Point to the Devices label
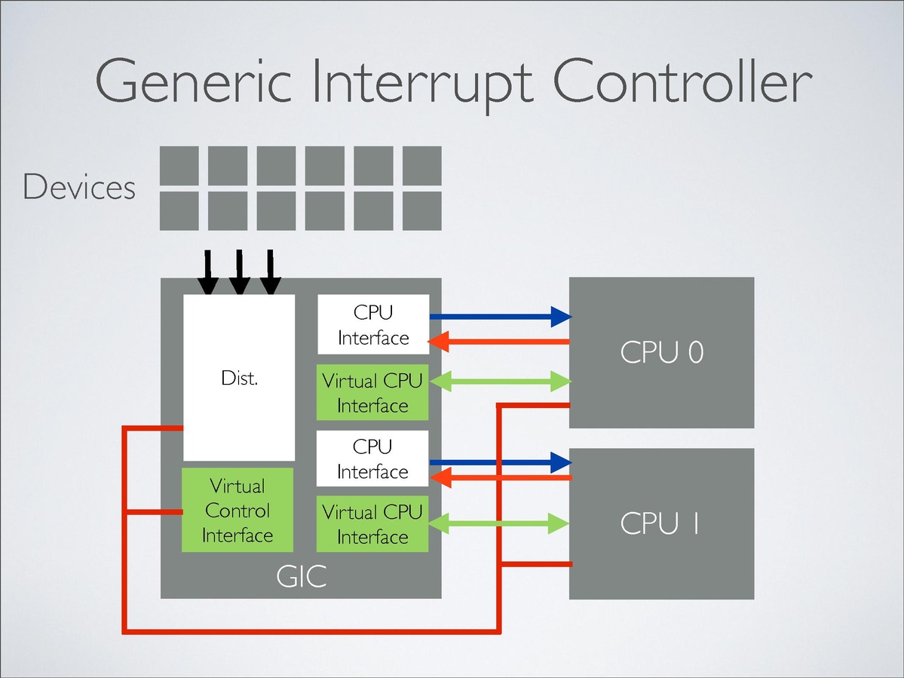click(79, 187)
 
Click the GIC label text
click(301, 578)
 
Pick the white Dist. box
click(239, 377)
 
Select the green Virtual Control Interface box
click(237, 510)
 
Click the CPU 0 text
click(661, 352)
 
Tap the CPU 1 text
click(660, 523)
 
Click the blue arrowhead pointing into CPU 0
click(560, 317)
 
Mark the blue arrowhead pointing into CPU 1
click(560, 460)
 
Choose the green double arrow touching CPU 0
click(498, 382)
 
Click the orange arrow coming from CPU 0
click(498, 343)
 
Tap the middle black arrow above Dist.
click(239, 273)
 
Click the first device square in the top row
click(179, 165)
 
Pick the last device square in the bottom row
click(422, 210)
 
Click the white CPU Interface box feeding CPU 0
click(372, 324)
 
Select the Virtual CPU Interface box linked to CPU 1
click(372, 524)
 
